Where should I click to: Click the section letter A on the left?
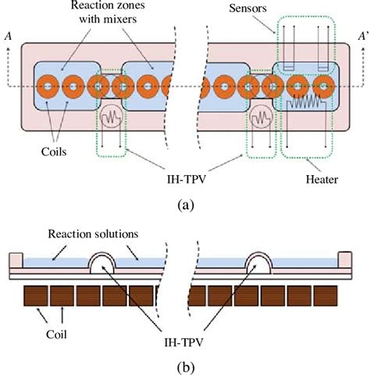[7, 35]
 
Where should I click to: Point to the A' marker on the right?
[362, 35]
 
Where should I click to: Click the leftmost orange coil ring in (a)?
[47, 84]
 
